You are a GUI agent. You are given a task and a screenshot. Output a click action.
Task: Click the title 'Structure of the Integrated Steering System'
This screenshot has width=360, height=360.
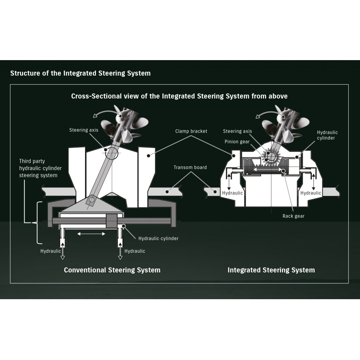click(81, 73)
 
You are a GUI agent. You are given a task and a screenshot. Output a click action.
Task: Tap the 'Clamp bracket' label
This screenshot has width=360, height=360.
click(191, 131)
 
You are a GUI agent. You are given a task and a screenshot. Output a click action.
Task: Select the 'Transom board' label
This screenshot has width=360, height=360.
click(190, 167)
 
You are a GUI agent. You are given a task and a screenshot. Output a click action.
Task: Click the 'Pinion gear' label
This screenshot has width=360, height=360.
click(237, 142)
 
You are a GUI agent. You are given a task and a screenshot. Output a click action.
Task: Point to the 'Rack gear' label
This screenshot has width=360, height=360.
click(294, 216)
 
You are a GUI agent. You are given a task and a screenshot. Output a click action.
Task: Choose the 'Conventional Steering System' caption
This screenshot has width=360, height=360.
click(112, 270)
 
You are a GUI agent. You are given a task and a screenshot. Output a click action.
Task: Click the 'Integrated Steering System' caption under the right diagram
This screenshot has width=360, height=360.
click(271, 270)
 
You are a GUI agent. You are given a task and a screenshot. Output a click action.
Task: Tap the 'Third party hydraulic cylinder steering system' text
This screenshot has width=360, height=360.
click(40, 168)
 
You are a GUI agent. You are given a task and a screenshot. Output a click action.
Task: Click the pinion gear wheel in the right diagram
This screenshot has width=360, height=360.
click(271, 156)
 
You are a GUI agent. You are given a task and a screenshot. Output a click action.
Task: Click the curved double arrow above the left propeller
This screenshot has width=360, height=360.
click(108, 111)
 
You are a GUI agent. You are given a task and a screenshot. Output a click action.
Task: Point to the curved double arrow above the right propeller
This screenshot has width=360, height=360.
click(270, 112)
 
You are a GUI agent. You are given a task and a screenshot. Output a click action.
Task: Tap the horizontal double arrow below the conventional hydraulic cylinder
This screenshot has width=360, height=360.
click(91, 234)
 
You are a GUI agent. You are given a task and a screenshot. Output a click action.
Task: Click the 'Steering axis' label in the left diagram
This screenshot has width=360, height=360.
click(84, 130)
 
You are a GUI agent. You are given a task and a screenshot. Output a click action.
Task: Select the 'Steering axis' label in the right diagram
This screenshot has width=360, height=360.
click(237, 131)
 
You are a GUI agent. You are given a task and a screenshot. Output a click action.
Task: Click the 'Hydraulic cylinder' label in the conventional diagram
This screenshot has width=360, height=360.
click(158, 238)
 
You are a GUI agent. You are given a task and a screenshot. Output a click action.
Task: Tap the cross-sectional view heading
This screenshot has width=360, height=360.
click(179, 96)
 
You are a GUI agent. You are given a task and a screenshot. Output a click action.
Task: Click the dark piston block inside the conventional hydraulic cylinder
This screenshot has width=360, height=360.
click(111, 221)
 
